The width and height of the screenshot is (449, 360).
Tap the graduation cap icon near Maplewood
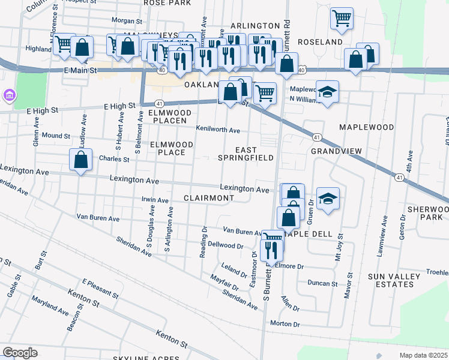pos(327,92)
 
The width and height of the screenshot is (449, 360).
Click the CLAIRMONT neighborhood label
pos(208,197)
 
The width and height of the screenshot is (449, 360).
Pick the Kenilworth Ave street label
pos(218,130)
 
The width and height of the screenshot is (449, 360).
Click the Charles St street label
pos(114,160)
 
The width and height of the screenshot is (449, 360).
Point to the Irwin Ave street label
pos(155,200)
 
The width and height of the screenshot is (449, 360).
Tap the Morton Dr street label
pos(285,324)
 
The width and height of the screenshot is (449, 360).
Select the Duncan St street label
pos(322,283)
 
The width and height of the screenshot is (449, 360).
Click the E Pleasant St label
pos(100,289)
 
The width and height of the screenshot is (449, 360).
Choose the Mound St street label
pos(56,136)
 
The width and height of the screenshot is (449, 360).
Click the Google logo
pos(20,353)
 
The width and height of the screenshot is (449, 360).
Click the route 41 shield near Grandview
pos(316,137)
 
